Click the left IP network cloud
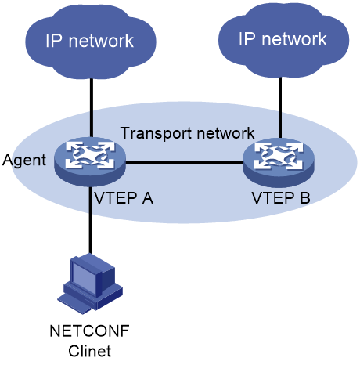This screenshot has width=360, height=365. pyautogui.click(x=91, y=42)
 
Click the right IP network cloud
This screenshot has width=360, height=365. pyautogui.click(x=283, y=41)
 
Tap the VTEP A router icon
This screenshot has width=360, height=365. pyautogui.click(x=90, y=161)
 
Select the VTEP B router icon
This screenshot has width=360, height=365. pyautogui.click(x=279, y=162)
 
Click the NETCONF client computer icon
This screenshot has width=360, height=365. pyautogui.click(x=90, y=284)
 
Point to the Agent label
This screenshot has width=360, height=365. pyautogui.click(x=24, y=160)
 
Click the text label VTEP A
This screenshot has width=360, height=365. pyautogui.click(x=124, y=198)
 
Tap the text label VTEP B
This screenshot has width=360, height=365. pyautogui.click(x=281, y=198)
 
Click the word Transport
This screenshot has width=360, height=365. pyautogui.click(x=157, y=133)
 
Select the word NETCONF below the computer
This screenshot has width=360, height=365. pyautogui.click(x=89, y=331)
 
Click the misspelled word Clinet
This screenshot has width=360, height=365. pyautogui.click(x=90, y=351)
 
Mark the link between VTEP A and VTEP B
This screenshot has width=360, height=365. pyautogui.click(x=185, y=162)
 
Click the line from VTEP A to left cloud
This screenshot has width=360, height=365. pyautogui.click(x=92, y=107)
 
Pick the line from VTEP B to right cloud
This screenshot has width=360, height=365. pyautogui.click(x=280, y=107)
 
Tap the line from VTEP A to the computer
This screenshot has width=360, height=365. pyautogui.click(x=90, y=220)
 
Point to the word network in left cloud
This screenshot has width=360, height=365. pyautogui.click(x=101, y=41)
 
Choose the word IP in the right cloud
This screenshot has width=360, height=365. pyautogui.click(x=246, y=39)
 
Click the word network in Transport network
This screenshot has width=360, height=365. pyautogui.click(x=225, y=133)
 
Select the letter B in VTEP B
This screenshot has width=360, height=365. pyautogui.click(x=305, y=198)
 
